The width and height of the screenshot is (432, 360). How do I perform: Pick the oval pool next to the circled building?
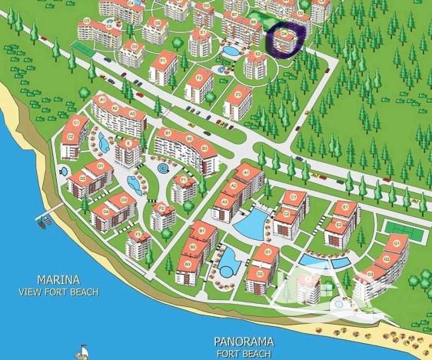coord(230,52)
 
